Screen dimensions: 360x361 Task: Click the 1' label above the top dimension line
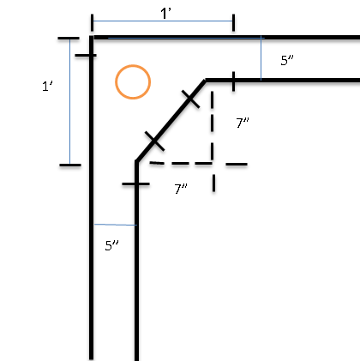click(165, 14)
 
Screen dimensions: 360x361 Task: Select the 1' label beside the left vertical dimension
click(47, 86)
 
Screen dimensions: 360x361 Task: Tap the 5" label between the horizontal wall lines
click(287, 60)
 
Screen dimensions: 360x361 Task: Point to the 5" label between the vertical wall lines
click(111, 245)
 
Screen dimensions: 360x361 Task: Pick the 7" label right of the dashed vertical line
click(243, 123)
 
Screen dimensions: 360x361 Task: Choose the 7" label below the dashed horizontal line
click(181, 189)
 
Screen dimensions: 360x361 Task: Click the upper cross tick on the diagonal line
click(190, 99)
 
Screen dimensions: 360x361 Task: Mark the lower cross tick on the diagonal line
click(154, 141)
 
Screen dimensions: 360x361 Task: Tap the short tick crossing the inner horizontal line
click(234, 81)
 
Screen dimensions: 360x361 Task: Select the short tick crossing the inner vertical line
click(135, 184)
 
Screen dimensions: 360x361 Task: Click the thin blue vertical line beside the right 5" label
click(261, 58)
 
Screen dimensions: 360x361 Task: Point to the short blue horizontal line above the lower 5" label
click(116, 225)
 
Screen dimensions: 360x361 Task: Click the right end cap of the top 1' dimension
click(234, 22)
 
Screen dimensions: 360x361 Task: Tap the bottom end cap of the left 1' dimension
click(70, 165)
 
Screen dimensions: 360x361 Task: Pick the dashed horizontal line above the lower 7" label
click(198, 164)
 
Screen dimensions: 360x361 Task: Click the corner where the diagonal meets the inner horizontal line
click(206, 81)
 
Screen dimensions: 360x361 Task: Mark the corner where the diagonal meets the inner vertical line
click(137, 162)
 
